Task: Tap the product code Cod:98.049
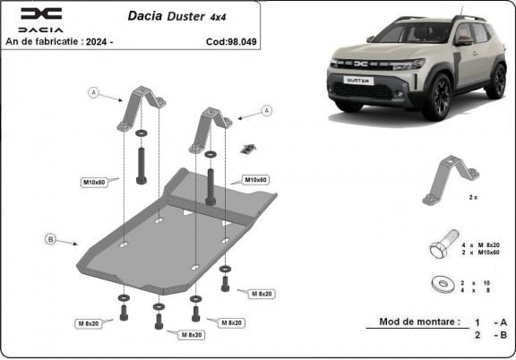pos(230,41)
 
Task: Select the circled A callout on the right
pos(266,110)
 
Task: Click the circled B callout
pos(50,238)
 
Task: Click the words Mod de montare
pos(419,321)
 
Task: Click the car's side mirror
pos(462,40)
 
